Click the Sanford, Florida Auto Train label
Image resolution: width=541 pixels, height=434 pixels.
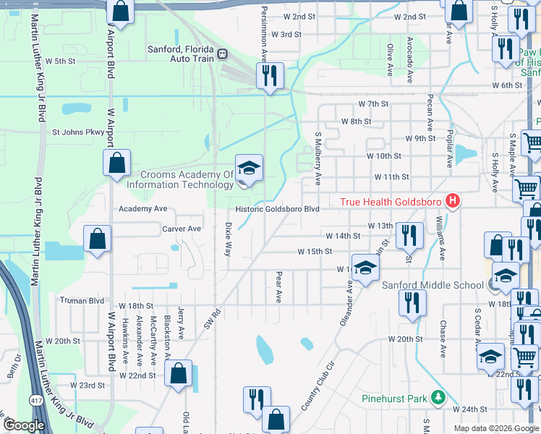(182, 54)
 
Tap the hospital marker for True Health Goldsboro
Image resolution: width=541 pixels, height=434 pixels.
(453, 200)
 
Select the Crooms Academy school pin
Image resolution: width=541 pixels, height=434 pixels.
(248, 169)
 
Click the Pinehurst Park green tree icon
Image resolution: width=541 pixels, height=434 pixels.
(438, 398)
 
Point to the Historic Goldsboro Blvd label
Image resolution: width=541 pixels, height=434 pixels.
(277, 209)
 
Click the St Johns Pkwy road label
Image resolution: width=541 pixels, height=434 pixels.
(78, 132)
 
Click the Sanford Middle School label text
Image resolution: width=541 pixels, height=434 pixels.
(433, 285)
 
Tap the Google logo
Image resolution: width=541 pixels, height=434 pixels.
(24, 425)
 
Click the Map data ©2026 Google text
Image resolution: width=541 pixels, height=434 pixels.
(496, 428)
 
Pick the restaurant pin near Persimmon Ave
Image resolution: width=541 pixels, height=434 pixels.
(270, 76)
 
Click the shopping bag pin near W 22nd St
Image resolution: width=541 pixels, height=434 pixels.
(177, 373)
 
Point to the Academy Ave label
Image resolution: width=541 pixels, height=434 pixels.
(143, 208)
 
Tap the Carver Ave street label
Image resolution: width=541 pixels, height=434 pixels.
(182, 229)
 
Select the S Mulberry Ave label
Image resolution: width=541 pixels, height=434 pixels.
(318, 158)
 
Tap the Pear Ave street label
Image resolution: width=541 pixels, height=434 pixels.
(278, 286)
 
